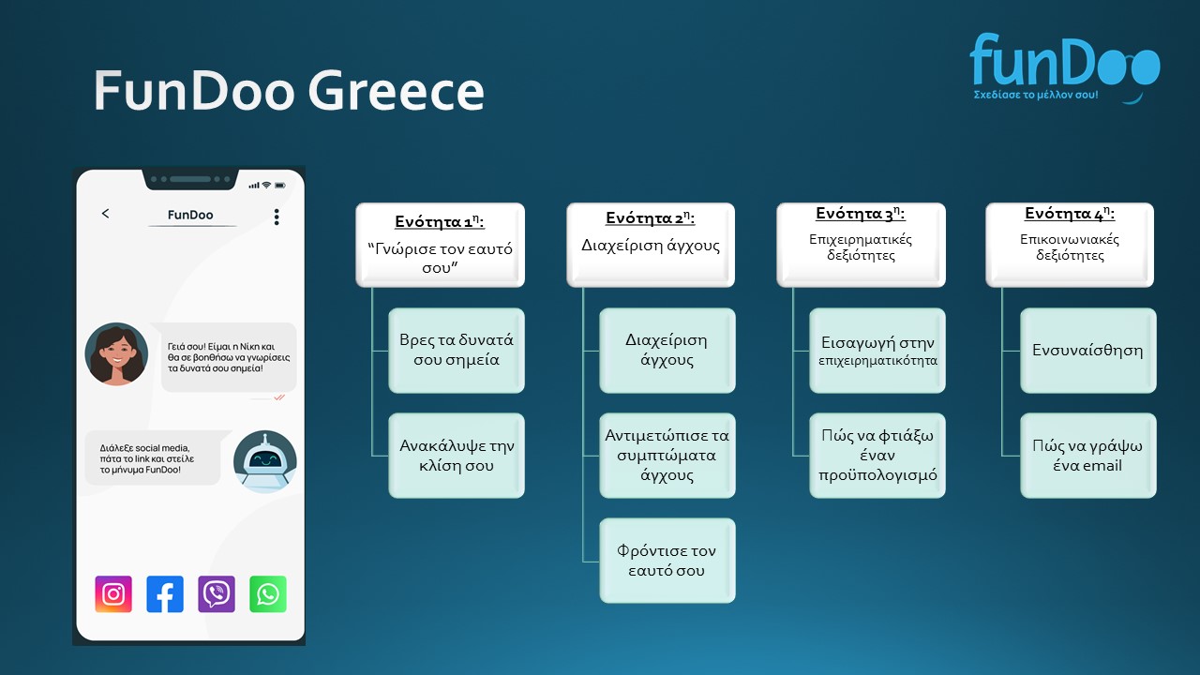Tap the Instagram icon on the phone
113,593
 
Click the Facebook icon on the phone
165,593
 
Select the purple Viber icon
217,593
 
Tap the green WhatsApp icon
268,593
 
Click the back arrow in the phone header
106,214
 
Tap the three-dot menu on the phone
277,217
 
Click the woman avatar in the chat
116,354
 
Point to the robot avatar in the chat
264,462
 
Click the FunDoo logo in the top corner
1064,67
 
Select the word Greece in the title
397,91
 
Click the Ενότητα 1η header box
441,245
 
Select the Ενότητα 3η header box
861,245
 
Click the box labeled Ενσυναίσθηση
1088,351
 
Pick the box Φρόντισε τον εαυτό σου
667,561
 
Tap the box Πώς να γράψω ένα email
1088,456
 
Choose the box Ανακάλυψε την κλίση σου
457,456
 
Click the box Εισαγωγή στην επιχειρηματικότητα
877,351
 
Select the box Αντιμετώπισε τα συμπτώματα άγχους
667,456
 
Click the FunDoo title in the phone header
190,215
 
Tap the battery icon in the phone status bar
280,186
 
